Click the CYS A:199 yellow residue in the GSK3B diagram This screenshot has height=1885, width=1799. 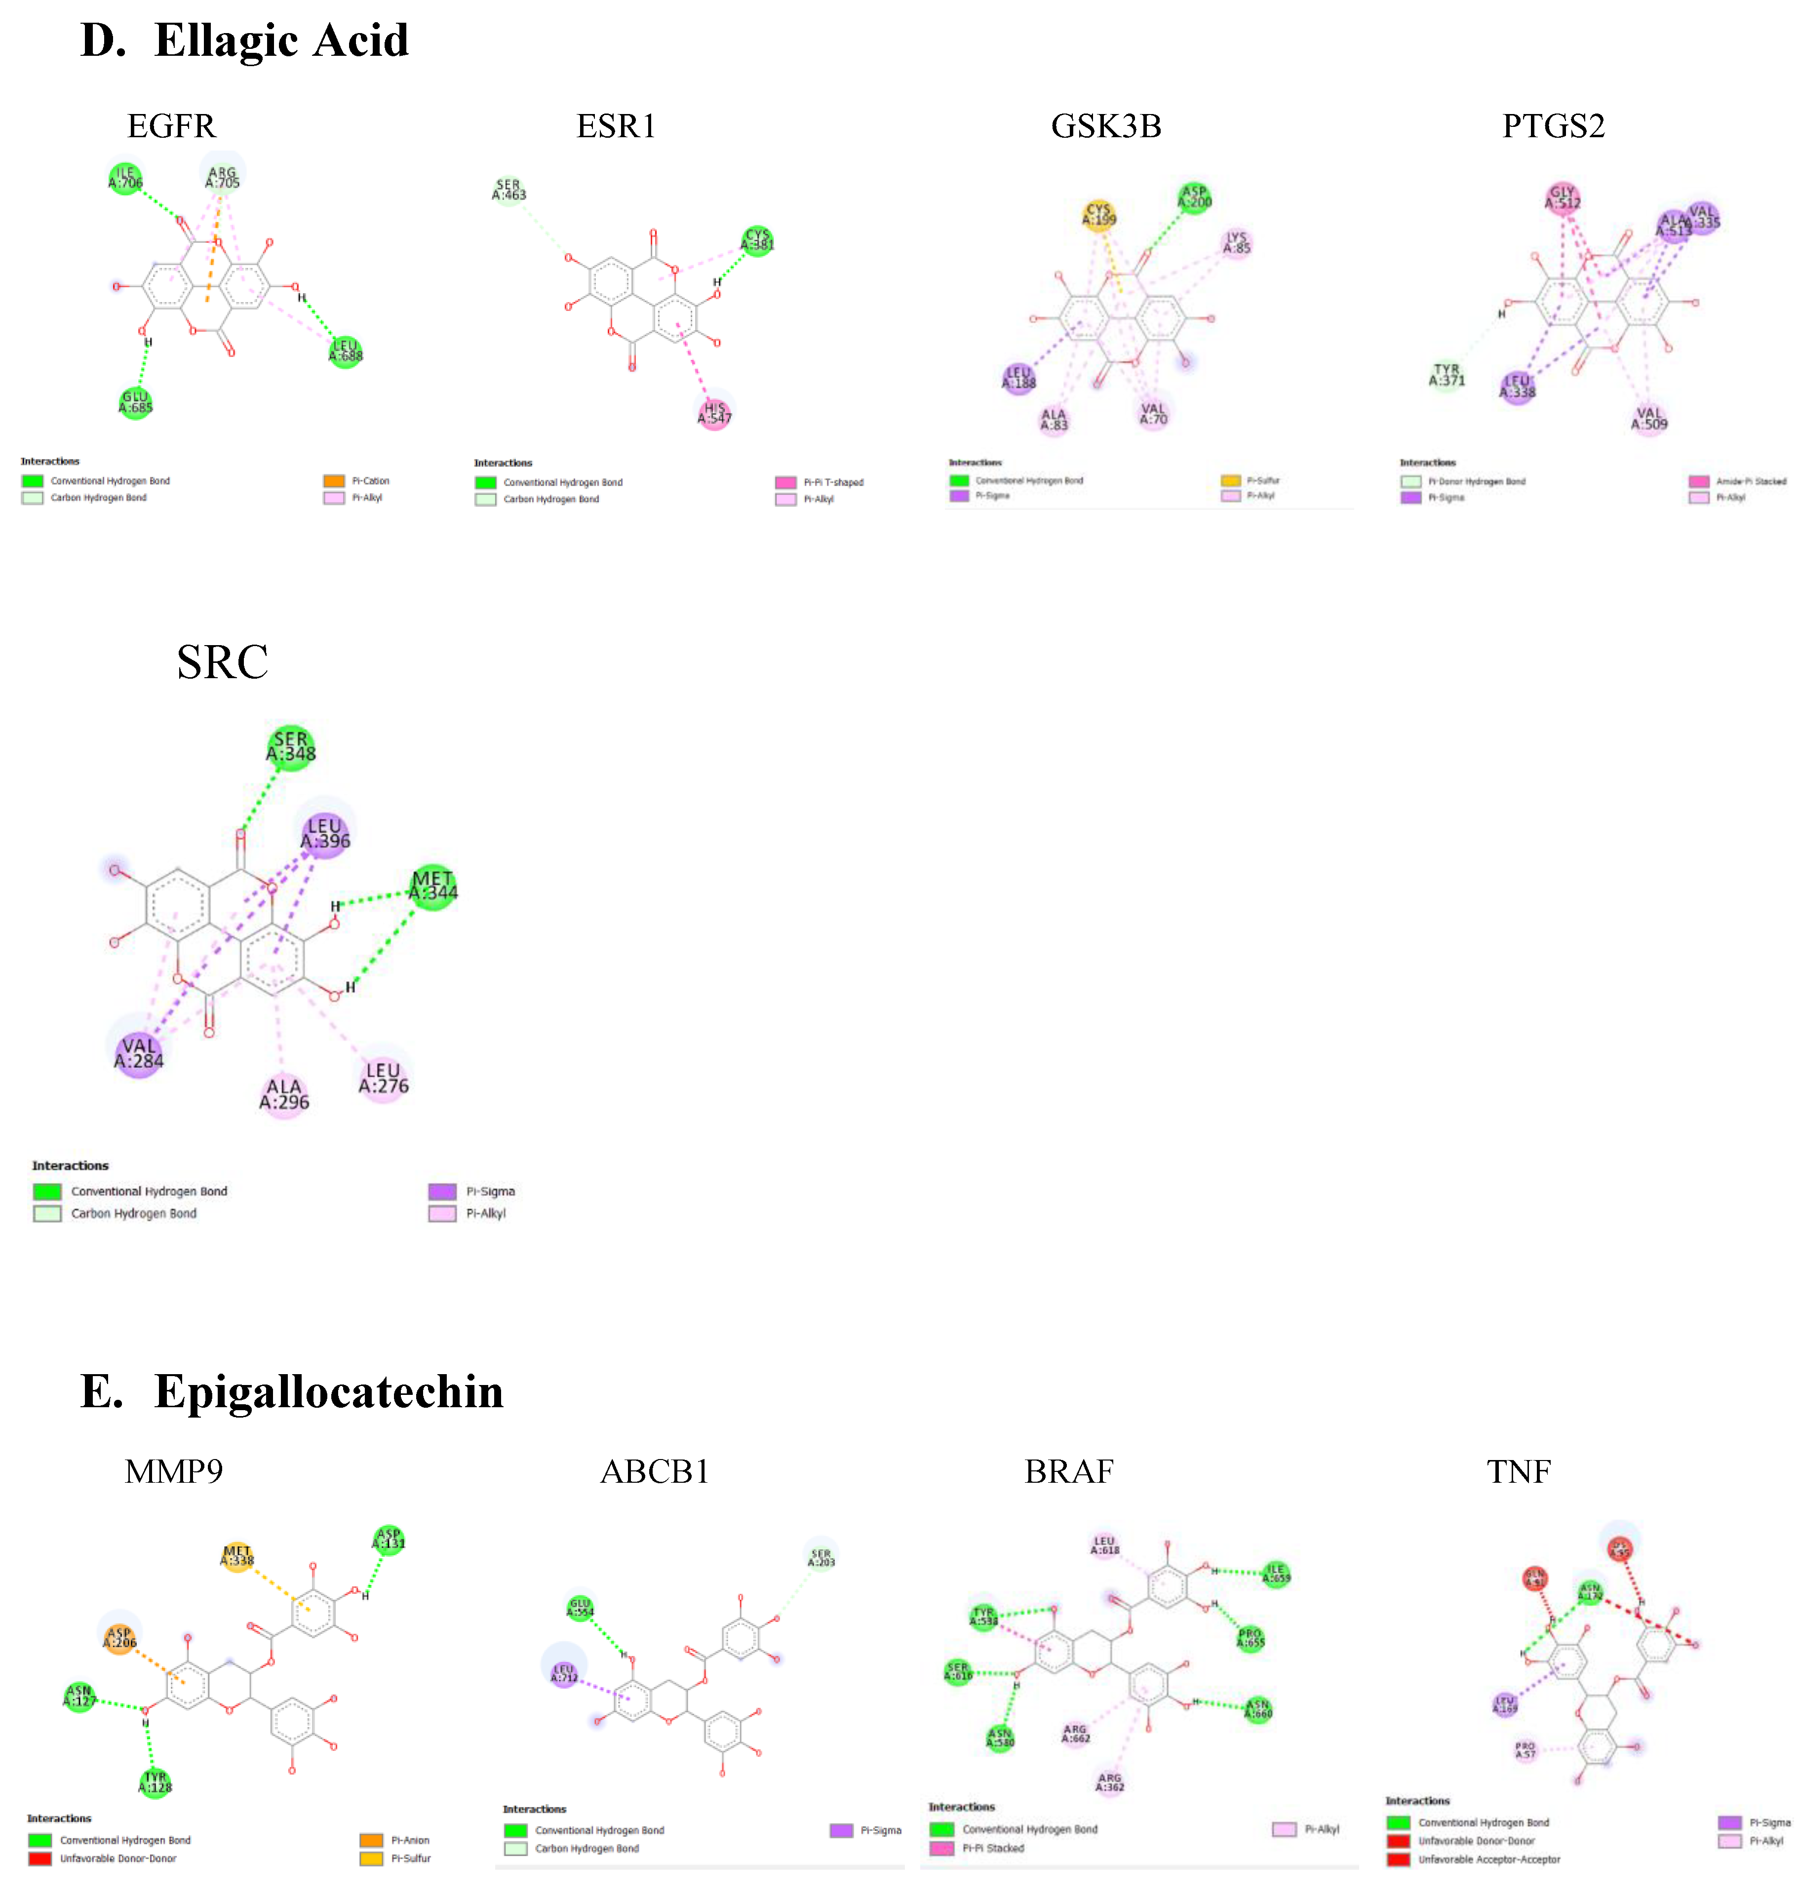point(1099,215)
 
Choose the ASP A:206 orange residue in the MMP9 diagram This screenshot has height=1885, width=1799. point(120,1638)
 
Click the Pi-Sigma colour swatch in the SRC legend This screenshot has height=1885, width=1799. point(442,1191)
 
